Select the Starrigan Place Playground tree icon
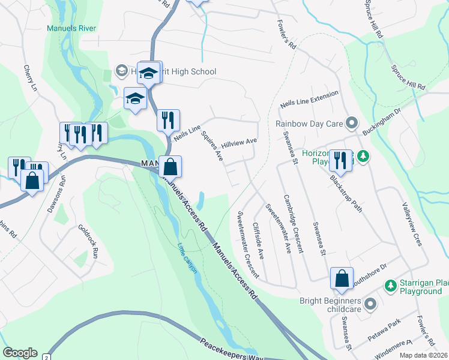coord(389,283)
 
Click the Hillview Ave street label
coord(238,143)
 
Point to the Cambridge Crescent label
coord(294,223)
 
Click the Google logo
coord(20,353)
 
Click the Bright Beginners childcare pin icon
coord(370,304)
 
